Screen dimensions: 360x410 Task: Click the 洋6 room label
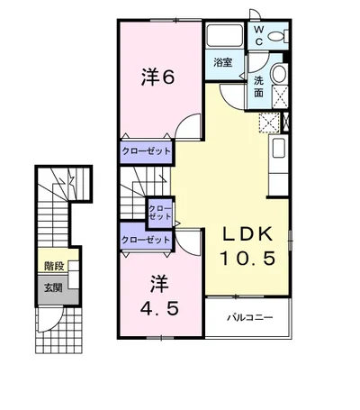[x=157, y=77]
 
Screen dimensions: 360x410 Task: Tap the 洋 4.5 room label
[x=160, y=296]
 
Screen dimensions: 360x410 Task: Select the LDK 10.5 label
[x=247, y=246]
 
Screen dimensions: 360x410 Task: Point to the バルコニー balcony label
[x=249, y=317]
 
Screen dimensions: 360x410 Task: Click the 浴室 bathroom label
[x=223, y=62]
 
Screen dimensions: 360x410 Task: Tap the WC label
[x=258, y=35]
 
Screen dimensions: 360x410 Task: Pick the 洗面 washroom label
[x=258, y=87]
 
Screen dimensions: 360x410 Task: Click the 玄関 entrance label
[x=53, y=287]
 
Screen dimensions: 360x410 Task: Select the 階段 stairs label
[x=54, y=266]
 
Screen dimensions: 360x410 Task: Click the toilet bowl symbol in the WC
[x=278, y=36]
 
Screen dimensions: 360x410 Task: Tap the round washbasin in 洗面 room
[x=279, y=73]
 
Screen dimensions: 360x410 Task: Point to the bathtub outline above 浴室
[x=225, y=35]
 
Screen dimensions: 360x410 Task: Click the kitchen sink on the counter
[x=279, y=148]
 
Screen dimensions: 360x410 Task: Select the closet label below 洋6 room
[x=146, y=151]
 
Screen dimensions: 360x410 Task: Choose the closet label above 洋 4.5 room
[x=146, y=240]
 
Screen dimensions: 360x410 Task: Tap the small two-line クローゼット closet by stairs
[x=160, y=213]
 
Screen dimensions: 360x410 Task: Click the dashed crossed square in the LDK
[x=269, y=123]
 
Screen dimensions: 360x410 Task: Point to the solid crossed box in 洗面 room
[x=280, y=96]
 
